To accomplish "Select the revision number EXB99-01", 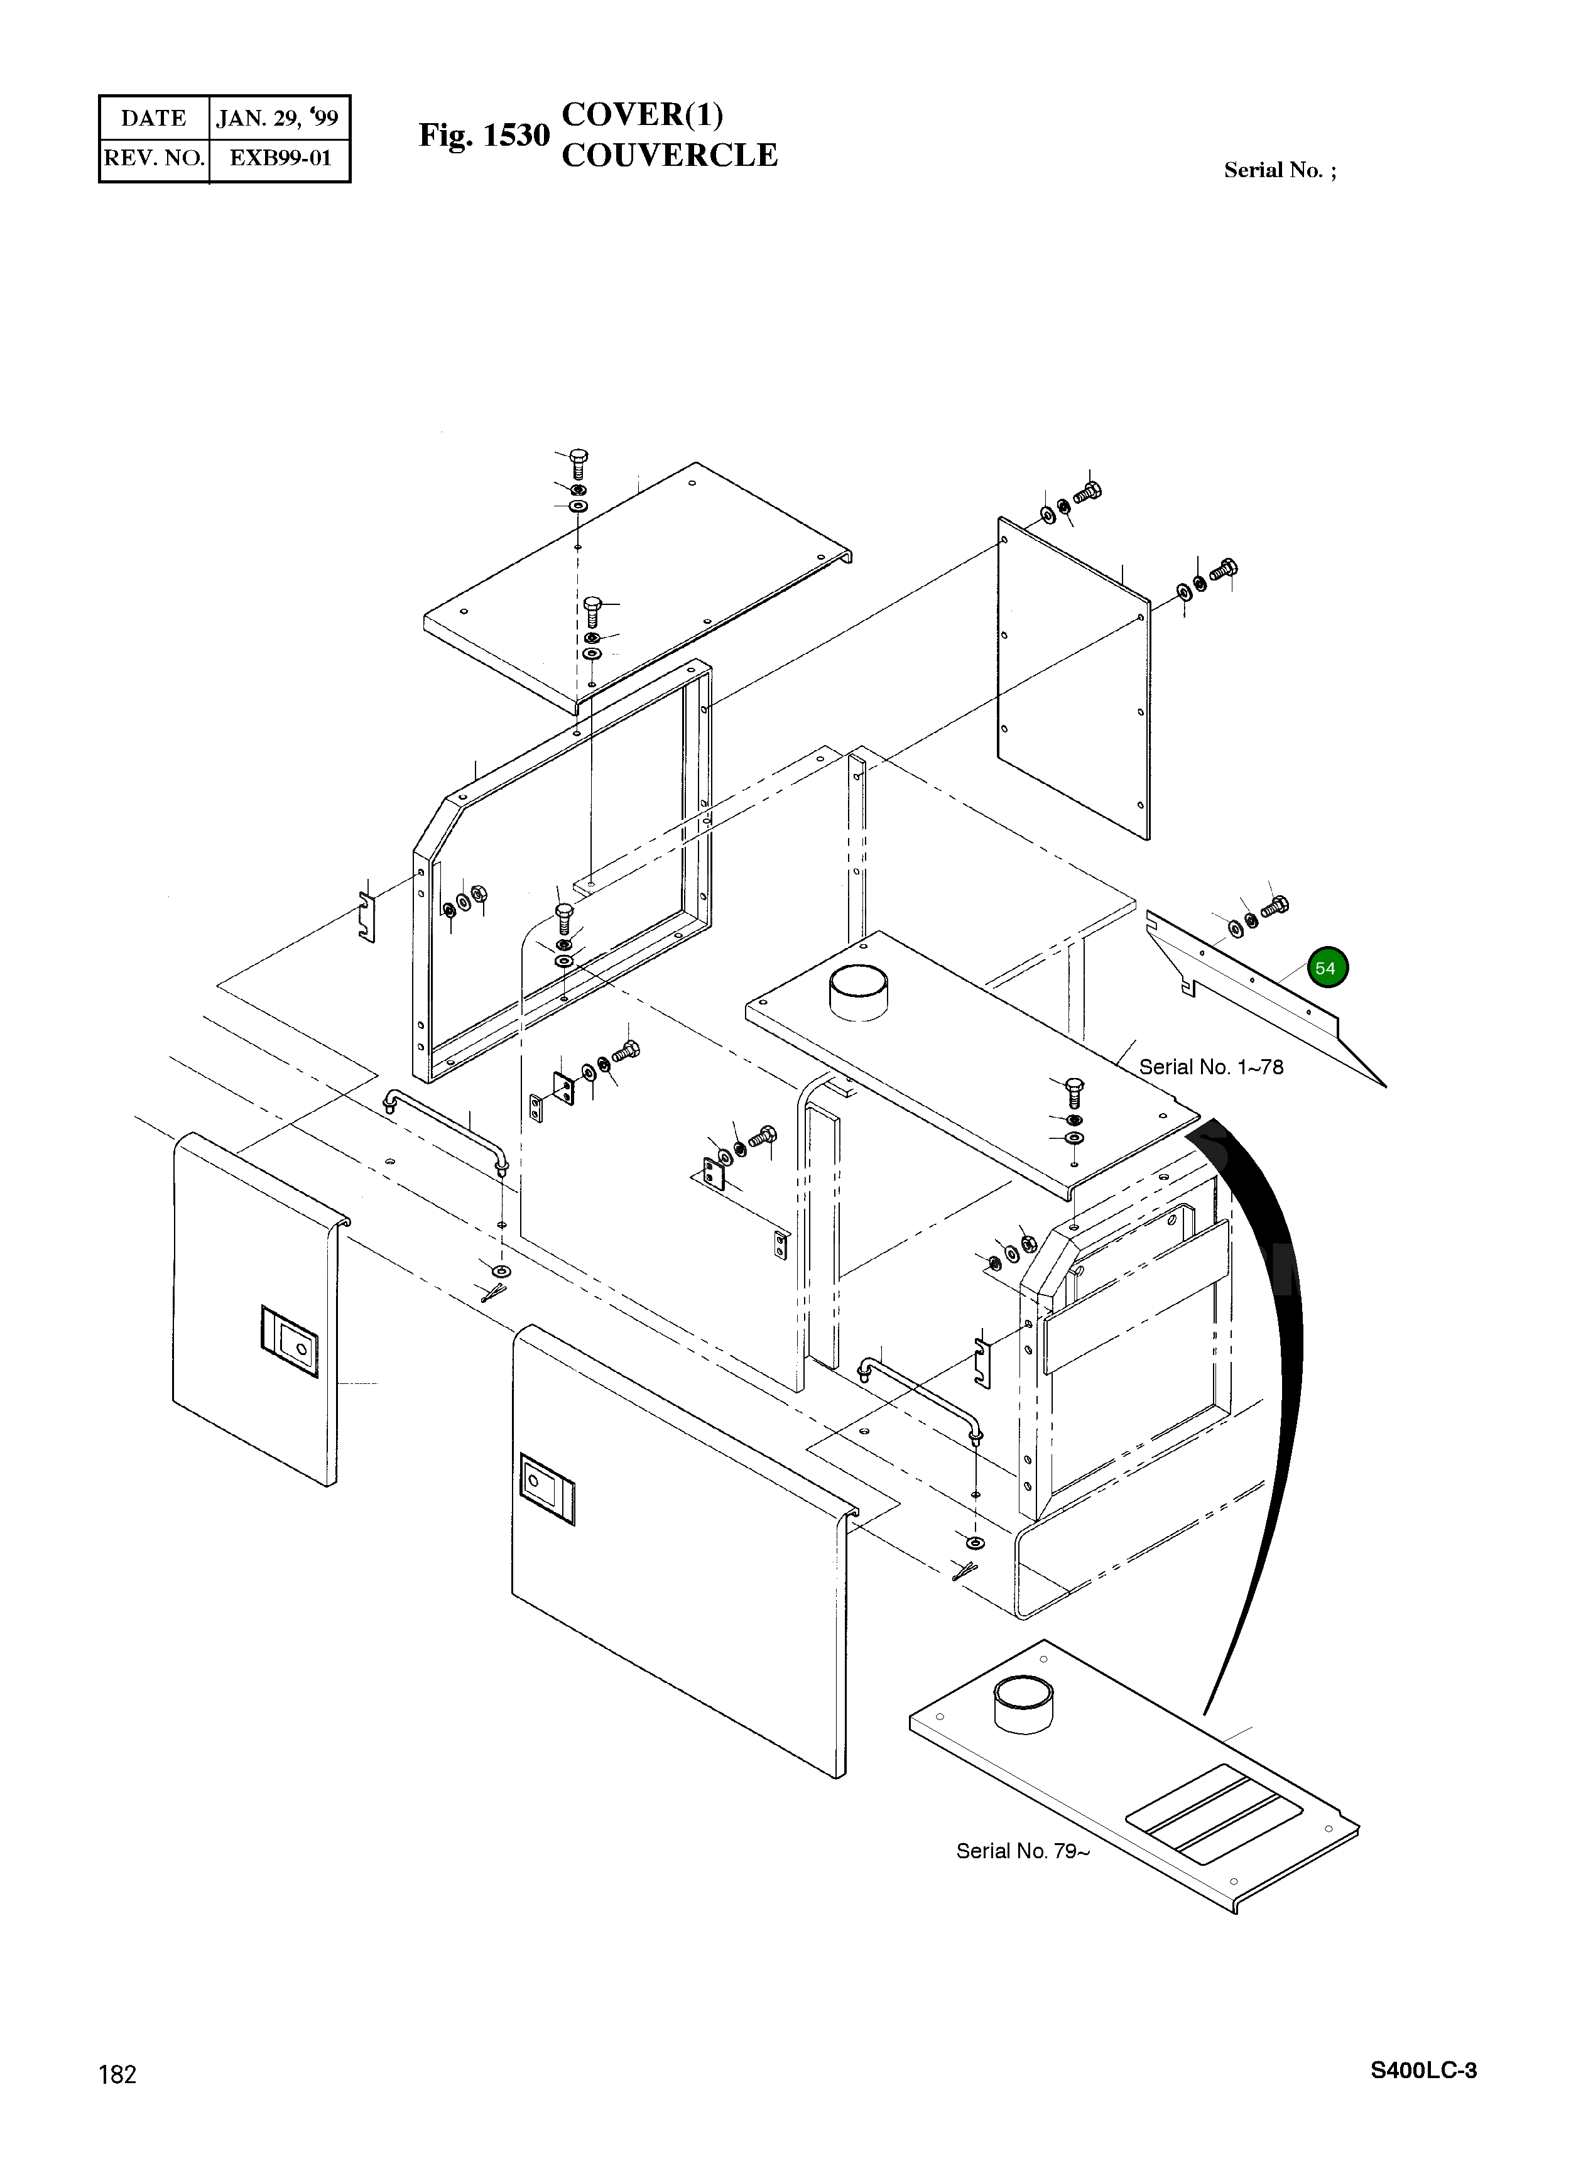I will pyautogui.click(x=280, y=158).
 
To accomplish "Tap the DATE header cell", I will pyautogui.click(x=154, y=118).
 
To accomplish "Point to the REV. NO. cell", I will pyautogui.click(x=154, y=158).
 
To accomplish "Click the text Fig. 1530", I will pyautogui.click(x=483, y=136).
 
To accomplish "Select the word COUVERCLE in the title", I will pyautogui.click(x=670, y=156).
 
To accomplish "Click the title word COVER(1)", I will pyautogui.click(x=641, y=114).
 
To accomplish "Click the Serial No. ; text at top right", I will pyautogui.click(x=1279, y=171).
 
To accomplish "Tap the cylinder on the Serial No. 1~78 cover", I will pyautogui.click(x=859, y=992).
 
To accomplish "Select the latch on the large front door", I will pyautogui.click(x=546, y=1489).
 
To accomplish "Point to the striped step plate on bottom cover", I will pyautogui.click(x=1214, y=1811).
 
